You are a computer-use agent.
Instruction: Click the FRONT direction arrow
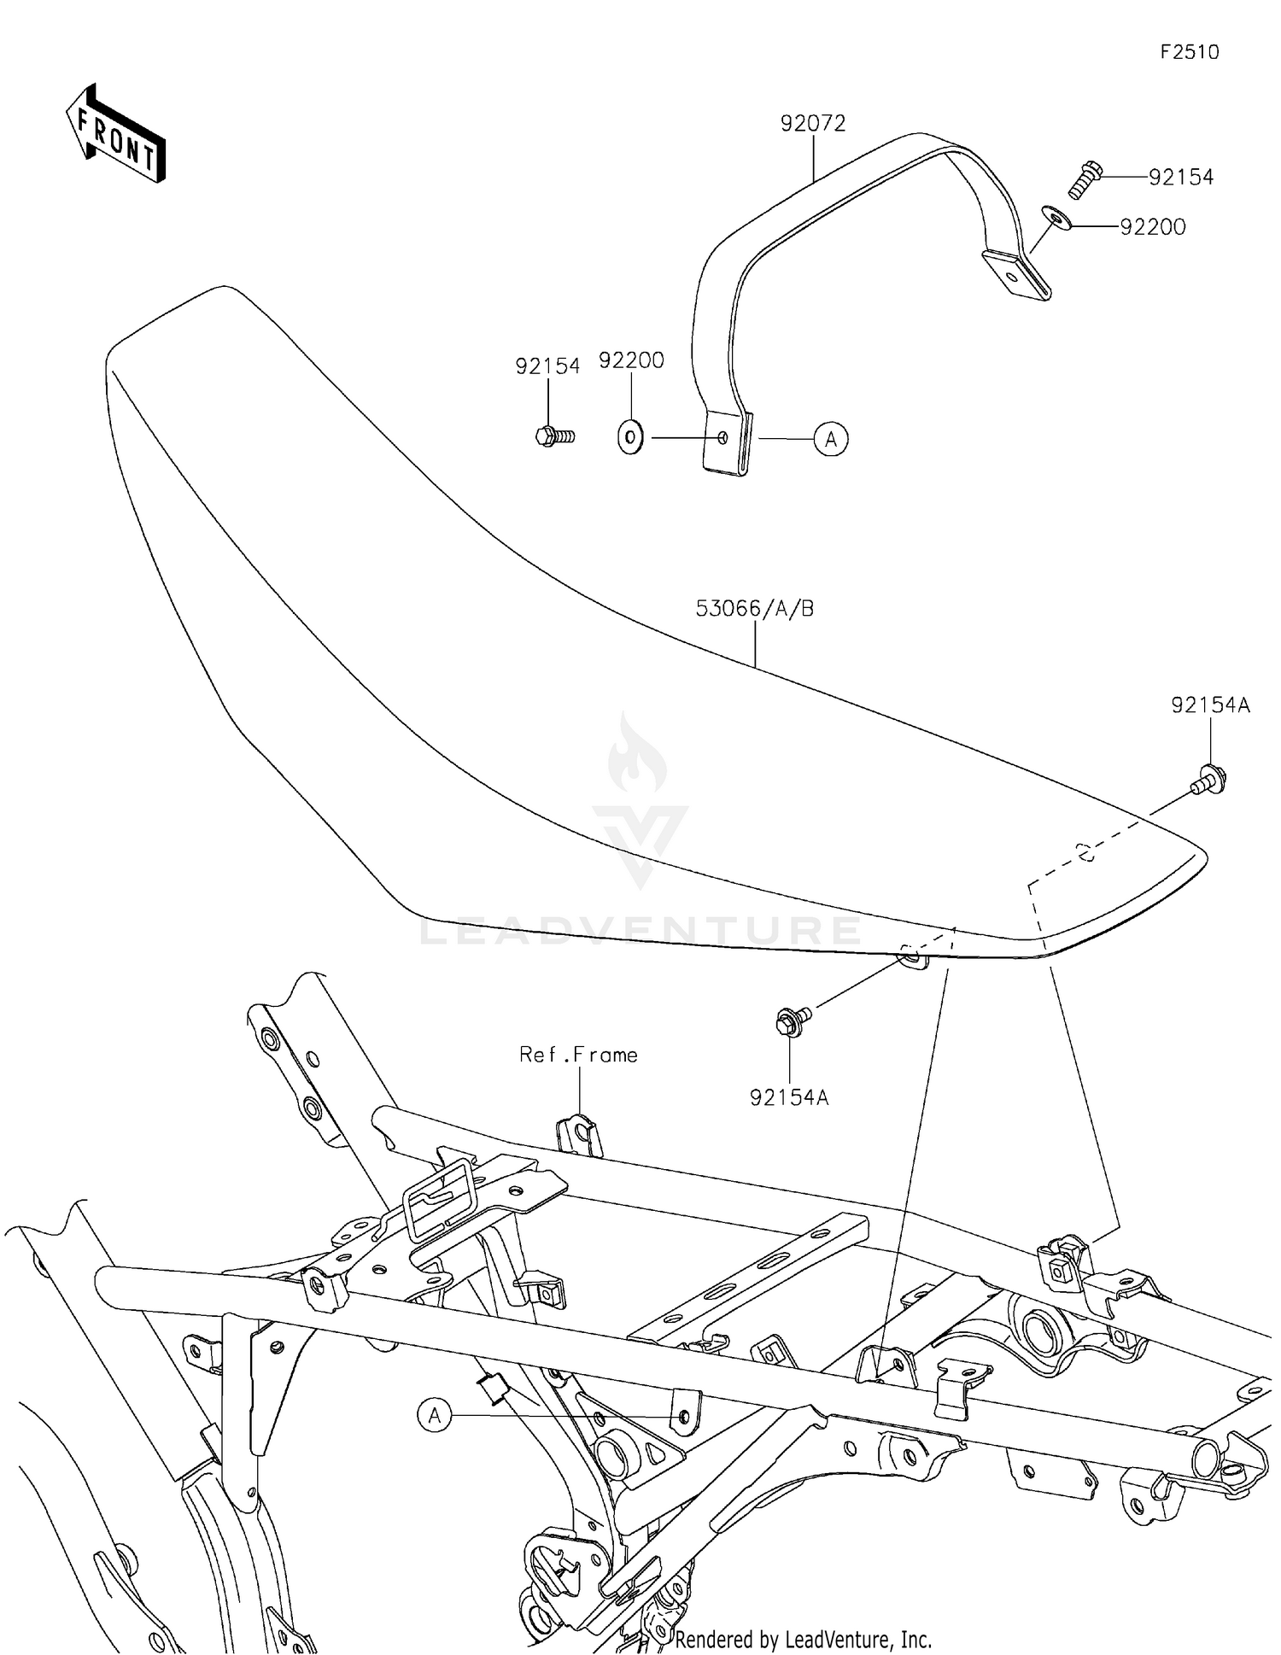115,134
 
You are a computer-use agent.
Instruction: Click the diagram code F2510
1189,52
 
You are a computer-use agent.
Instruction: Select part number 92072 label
812,123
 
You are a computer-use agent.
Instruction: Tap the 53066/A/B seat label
755,609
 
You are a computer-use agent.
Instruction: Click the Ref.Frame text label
578,1055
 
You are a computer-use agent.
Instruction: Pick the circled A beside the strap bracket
830,439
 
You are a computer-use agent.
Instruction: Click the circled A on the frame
435,1415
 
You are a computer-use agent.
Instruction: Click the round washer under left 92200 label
630,438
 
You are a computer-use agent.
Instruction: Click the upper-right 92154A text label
1210,705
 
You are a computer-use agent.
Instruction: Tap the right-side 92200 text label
1152,227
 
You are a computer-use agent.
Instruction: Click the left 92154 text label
547,366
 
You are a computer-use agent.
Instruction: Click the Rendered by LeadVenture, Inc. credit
802,1639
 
